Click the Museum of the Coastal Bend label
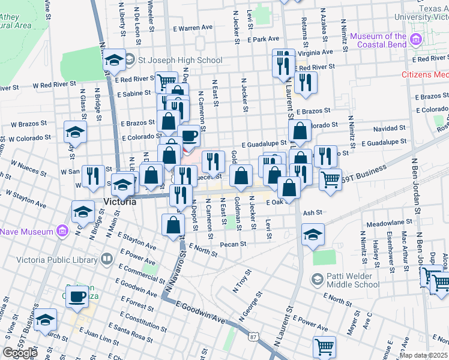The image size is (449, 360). pyautogui.click(x=379, y=41)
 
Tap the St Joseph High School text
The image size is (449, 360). pyautogui.click(x=180, y=60)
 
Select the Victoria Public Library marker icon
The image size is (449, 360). pyautogui.click(x=107, y=259)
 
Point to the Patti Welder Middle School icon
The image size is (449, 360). pyautogui.click(x=317, y=279)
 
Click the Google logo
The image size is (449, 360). pyautogui.click(x=20, y=353)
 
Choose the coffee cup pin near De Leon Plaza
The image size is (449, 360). pyautogui.click(x=77, y=296)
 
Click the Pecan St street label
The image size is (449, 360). pyautogui.click(x=234, y=244)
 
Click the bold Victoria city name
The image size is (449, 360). pyautogui.click(x=119, y=202)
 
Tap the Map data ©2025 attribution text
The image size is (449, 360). pyautogui.click(x=423, y=355)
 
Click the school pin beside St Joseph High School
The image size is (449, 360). pyautogui.click(x=113, y=61)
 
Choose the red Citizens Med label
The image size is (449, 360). pyautogui.click(x=425, y=75)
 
